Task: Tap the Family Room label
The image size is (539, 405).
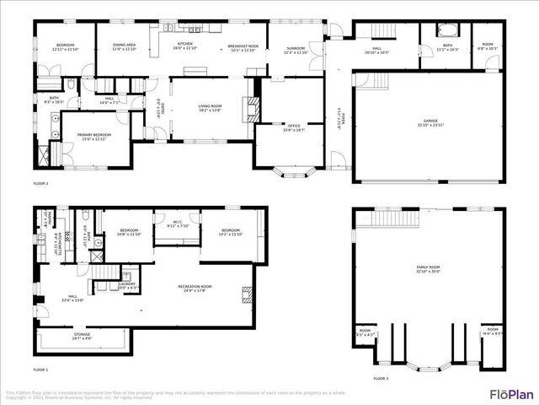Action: point(428,269)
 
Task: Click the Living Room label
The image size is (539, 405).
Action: point(211,107)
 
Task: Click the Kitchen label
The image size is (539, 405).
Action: point(185,46)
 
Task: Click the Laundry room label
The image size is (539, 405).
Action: point(128,284)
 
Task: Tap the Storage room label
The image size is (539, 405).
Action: point(82,336)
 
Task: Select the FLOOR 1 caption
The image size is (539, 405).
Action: point(40,370)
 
